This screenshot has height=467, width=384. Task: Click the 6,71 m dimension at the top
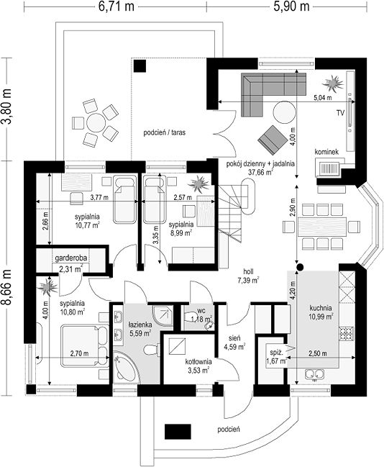pos(116,6)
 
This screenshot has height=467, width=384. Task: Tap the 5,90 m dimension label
pos(291,6)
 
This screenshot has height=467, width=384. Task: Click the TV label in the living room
pos(340,112)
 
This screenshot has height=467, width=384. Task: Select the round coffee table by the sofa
pos(285,112)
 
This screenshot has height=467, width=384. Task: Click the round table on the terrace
pos(96,122)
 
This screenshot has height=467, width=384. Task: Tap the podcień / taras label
pos(165,132)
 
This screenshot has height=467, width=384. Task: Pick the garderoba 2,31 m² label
pos(71,263)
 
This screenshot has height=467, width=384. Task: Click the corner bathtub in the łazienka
pos(127,367)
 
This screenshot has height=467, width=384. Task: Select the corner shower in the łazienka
pos(163,315)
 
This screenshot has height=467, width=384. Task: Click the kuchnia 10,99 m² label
pos(321,312)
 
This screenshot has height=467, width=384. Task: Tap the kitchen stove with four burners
pos(347,334)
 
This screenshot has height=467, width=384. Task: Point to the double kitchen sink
pos(315,373)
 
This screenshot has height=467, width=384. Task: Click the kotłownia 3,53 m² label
pos(198,366)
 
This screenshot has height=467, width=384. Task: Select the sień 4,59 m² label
pos(234,343)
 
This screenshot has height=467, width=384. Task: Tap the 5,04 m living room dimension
pos(323,97)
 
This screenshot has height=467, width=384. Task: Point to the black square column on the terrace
pos(140,65)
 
